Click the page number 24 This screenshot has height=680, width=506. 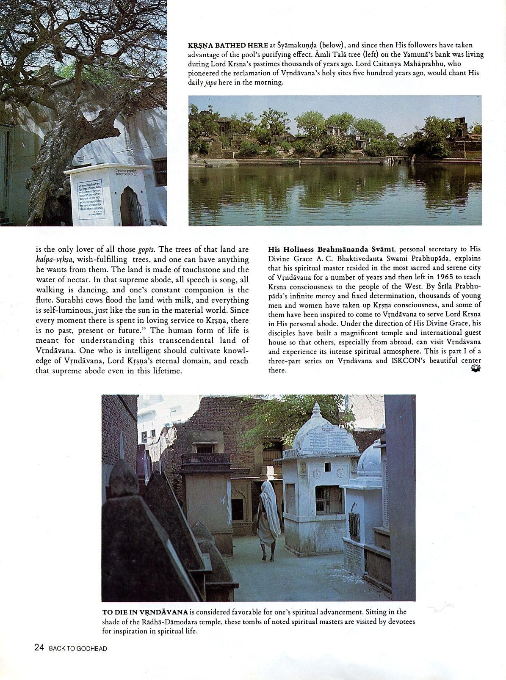tap(39, 647)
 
